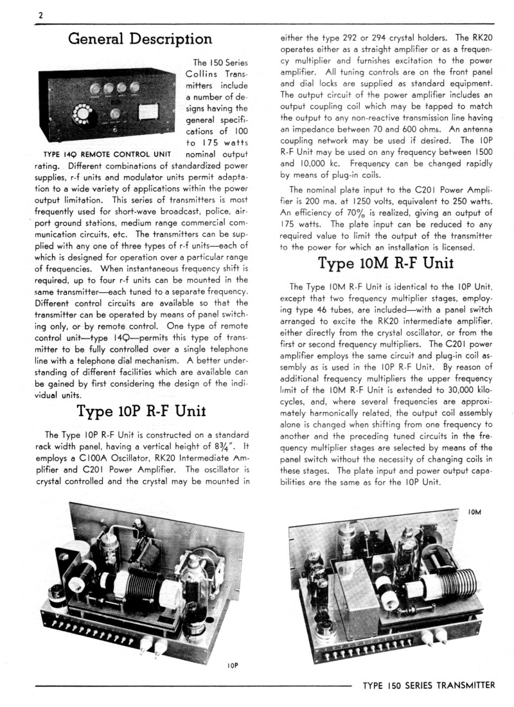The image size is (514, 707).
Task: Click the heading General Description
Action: (x=140, y=39)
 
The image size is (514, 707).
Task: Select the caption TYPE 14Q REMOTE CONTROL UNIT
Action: (x=106, y=154)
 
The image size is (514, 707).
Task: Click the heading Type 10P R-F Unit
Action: (x=141, y=410)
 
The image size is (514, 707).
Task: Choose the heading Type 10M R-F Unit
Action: (x=386, y=264)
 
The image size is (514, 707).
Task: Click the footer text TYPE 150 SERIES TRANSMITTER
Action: (x=429, y=686)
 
